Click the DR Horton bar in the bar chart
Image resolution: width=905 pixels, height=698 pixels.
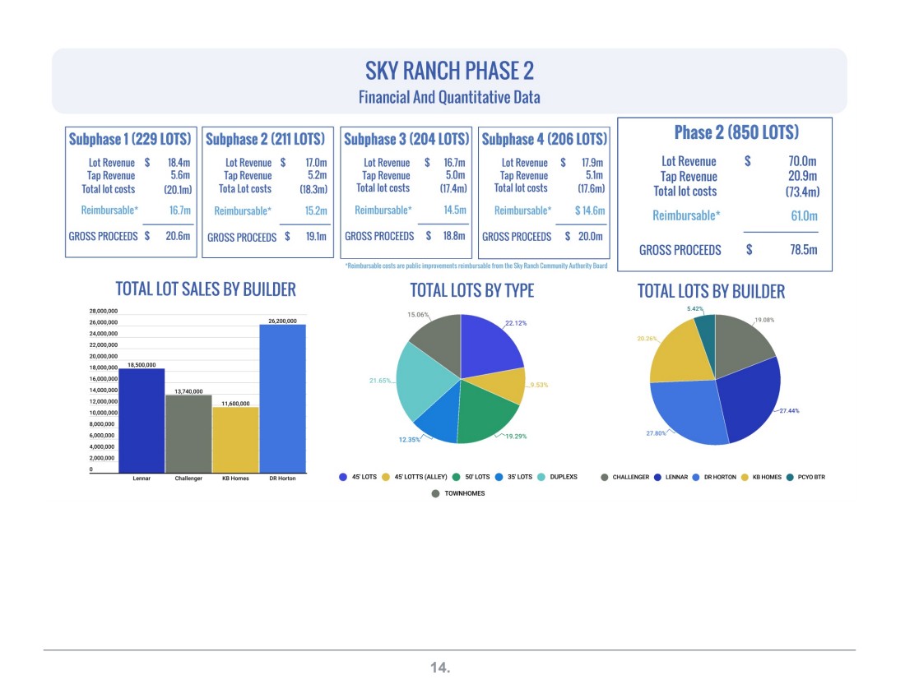click(x=283, y=399)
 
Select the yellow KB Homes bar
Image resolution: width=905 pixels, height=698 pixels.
click(x=235, y=440)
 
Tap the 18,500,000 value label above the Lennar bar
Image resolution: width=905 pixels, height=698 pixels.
click(x=142, y=365)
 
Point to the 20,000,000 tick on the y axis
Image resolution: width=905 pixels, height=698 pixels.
click(x=104, y=357)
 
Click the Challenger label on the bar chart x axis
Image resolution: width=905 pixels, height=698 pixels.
click(x=188, y=478)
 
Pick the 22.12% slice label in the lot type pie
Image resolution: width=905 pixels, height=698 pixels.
click(x=516, y=323)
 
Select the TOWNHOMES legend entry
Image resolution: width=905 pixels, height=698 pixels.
click(x=458, y=493)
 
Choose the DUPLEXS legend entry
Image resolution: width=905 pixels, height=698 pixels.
click(x=557, y=477)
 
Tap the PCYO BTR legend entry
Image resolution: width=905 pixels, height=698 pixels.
click(x=805, y=477)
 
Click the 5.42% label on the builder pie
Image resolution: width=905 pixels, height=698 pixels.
click(x=695, y=308)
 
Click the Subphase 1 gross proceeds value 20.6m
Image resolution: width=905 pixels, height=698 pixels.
click(x=178, y=236)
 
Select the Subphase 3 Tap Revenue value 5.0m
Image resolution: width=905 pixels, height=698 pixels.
click(x=456, y=175)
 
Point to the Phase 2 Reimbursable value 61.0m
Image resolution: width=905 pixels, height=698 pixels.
click(x=804, y=215)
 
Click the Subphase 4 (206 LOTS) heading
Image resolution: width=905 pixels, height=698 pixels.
click(x=545, y=139)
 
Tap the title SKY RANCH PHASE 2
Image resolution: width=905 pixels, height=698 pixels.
click(x=449, y=71)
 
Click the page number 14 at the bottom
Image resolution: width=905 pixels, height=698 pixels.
click(x=440, y=668)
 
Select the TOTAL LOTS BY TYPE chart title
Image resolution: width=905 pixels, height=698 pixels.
click(x=472, y=290)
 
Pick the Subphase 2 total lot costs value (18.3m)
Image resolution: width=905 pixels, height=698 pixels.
click(x=313, y=188)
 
